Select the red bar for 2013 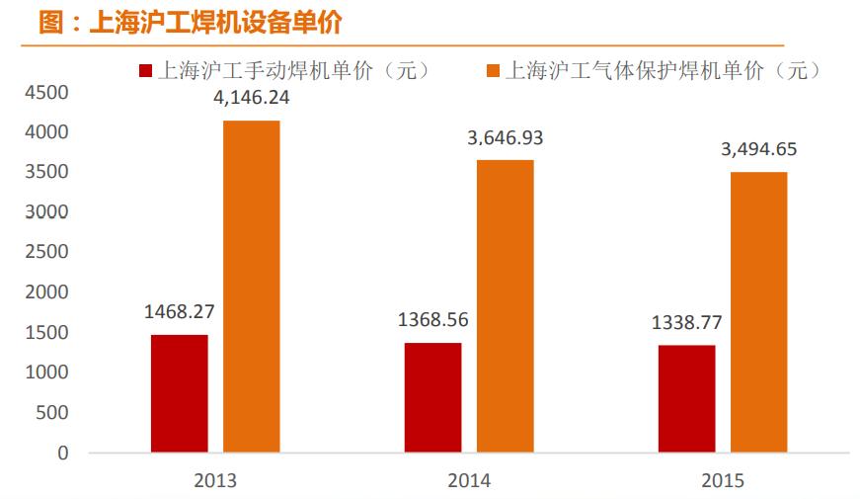(x=179, y=393)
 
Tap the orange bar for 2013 (x=251, y=287)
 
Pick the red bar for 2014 (x=432, y=397)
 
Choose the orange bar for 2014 (x=505, y=306)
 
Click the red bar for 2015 (x=686, y=398)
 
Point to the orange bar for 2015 (x=758, y=312)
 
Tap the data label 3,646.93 (x=505, y=138)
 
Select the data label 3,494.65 (x=758, y=150)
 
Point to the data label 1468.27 (x=179, y=311)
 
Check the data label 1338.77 (x=686, y=322)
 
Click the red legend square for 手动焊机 (x=146, y=71)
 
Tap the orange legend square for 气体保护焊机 (x=493, y=71)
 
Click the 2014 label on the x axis (x=468, y=481)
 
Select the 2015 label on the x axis (x=722, y=481)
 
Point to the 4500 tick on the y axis (x=47, y=92)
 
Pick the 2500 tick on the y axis (x=47, y=252)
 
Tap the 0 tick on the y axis (x=62, y=453)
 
